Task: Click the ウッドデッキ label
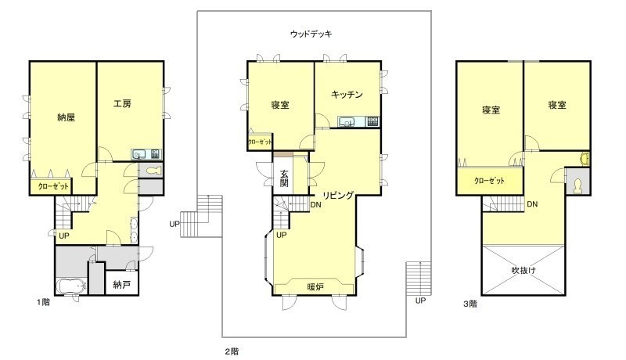click(311, 34)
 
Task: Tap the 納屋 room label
click(67, 117)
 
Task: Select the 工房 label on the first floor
click(122, 104)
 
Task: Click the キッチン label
click(347, 94)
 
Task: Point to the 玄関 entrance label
click(284, 178)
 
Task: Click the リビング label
click(338, 195)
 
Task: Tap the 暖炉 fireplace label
click(315, 286)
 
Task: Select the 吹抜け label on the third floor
click(523, 270)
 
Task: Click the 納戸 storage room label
click(122, 285)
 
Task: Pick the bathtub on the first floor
click(70, 286)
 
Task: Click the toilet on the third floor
click(577, 186)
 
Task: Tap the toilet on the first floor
click(153, 171)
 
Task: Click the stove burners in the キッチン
click(373, 121)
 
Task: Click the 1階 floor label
click(44, 302)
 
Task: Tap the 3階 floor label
click(470, 304)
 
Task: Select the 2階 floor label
click(232, 351)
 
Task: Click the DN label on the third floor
click(532, 204)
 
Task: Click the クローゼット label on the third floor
click(490, 181)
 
